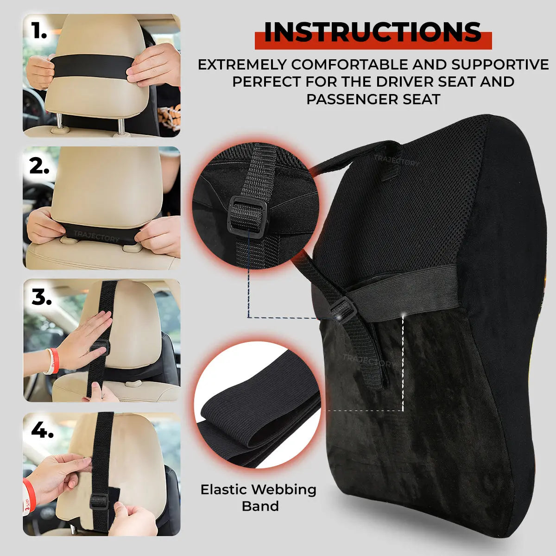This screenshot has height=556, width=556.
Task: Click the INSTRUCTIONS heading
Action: [373, 32]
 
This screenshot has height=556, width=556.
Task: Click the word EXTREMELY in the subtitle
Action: [242, 64]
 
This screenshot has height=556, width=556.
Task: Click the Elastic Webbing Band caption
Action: [259, 498]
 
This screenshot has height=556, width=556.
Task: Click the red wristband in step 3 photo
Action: [54, 360]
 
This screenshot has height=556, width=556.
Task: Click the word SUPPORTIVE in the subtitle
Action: [500, 64]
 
